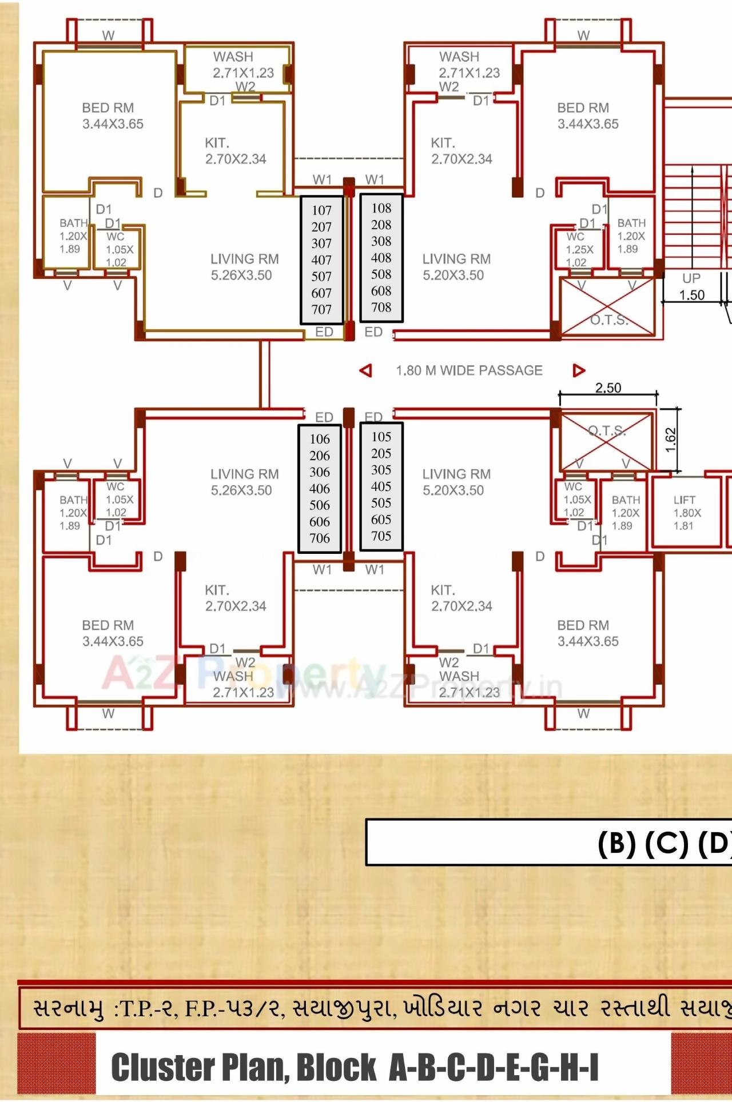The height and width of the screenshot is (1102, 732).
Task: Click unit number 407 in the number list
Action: click(x=321, y=260)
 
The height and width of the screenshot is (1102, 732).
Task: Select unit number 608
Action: click(x=381, y=291)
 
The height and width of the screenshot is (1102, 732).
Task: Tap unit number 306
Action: click(x=320, y=472)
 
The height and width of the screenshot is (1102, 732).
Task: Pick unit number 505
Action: click(x=381, y=503)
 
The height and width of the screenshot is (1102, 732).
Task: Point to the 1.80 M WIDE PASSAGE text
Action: click(x=469, y=370)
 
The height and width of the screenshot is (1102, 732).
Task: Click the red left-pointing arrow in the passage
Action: click(x=366, y=370)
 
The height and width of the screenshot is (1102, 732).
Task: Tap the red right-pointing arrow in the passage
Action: click(x=579, y=370)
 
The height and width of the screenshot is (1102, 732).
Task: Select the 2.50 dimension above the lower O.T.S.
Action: click(x=608, y=388)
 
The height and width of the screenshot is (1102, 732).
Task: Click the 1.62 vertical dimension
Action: click(x=671, y=440)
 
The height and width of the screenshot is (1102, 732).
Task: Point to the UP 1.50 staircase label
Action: click(x=691, y=287)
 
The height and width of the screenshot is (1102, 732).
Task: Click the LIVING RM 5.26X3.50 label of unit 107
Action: click(x=244, y=267)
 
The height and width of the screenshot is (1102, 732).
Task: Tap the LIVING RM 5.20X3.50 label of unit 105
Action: click(x=456, y=482)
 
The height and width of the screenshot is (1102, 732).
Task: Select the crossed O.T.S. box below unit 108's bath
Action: click(x=608, y=308)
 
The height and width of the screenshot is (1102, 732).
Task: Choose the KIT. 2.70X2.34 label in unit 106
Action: click(x=235, y=598)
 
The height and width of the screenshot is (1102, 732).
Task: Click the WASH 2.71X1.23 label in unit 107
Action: click(x=242, y=65)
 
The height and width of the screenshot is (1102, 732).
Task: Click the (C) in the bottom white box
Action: click(x=666, y=842)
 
